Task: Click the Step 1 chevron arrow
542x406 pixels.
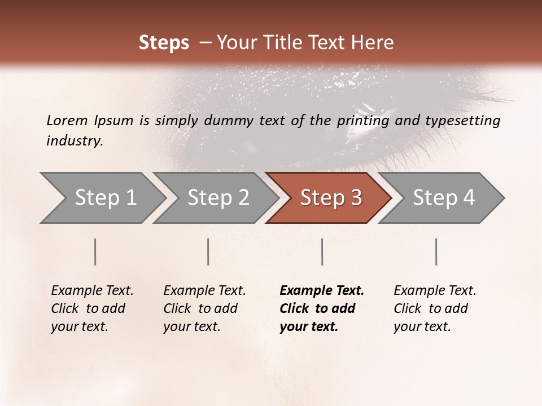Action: point(102,198)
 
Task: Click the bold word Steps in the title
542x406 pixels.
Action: point(164,43)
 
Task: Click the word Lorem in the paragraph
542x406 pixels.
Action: point(67,120)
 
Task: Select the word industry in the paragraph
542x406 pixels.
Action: point(74,140)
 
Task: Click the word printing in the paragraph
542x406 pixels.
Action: point(360,120)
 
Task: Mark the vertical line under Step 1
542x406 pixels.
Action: point(95,251)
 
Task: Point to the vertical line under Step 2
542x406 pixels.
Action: point(208,251)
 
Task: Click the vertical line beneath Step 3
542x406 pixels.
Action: point(322,251)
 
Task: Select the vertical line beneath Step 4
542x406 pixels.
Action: point(436,251)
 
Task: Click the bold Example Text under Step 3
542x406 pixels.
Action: point(322,291)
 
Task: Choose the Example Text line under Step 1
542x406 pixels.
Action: point(92,291)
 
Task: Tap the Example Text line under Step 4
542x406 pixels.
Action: point(435,291)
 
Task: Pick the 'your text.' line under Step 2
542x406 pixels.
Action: point(192,326)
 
